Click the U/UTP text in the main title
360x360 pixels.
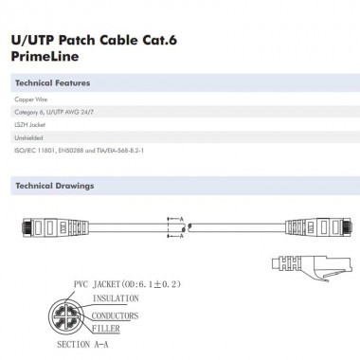[x=32, y=40]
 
